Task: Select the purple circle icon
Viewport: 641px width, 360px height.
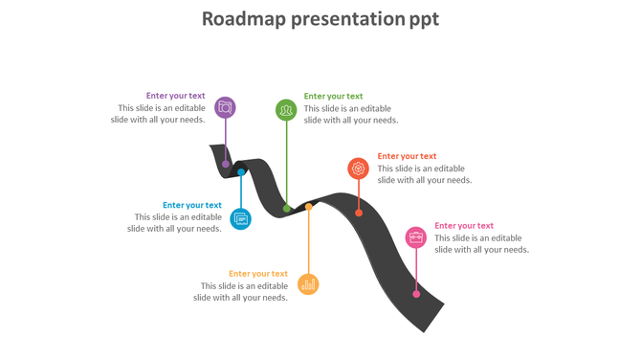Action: (225, 107)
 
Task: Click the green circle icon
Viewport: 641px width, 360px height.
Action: (286, 110)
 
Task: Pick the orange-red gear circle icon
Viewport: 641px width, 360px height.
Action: (358, 169)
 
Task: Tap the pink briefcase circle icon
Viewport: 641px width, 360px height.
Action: (415, 237)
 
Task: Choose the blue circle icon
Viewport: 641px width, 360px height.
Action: (241, 218)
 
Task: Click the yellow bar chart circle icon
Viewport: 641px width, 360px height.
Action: (308, 284)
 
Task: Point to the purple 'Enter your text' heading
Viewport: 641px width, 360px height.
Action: (175, 96)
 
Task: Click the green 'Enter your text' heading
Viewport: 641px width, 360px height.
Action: (334, 96)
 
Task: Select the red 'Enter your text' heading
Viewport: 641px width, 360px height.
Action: (407, 156)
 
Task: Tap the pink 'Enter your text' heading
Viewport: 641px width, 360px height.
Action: (464, 226)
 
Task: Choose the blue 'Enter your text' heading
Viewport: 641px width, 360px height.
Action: (192, 205)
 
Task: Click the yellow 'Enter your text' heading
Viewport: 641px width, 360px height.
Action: (258, 274)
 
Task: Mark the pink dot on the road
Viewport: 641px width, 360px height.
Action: (416, 294)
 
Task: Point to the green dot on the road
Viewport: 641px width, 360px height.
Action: (286, 208)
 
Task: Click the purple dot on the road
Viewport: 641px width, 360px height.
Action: (226, 164)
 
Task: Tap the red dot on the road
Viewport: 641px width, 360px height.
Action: (359, 213)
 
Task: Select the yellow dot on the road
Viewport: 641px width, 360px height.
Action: (308, 206)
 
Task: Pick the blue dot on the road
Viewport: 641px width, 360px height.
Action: (241, 173)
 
